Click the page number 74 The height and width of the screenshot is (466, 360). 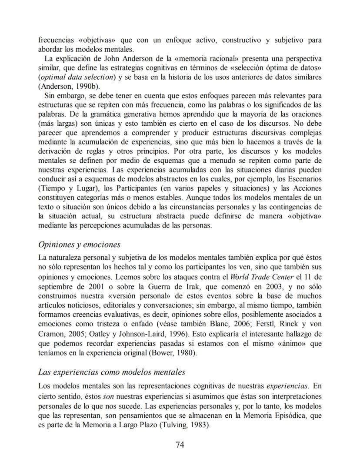coord(180,445)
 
